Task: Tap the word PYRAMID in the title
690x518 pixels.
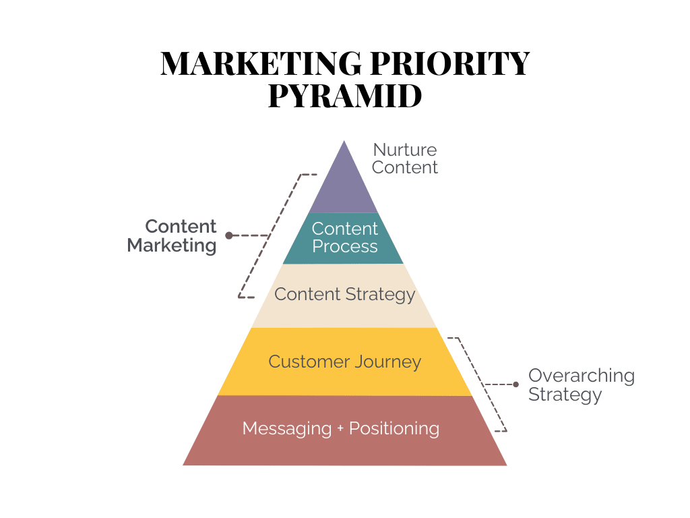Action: point(344,96)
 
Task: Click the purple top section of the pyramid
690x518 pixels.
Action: point(345,185)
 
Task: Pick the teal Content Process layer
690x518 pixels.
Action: point(344,238)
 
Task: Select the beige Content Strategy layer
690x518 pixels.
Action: point(344,295)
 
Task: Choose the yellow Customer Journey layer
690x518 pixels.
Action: point(344,362)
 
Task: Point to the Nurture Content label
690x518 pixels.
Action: point(404,159)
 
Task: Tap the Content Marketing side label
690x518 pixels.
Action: point(172,236)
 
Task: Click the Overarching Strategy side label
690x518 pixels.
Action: point(581,385)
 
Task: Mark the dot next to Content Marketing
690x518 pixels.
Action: point(228,236)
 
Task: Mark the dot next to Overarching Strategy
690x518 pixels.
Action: point(516,385)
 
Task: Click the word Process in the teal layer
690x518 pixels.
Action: point(344,247)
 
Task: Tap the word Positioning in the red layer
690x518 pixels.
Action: point(394,429)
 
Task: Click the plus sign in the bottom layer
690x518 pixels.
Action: point(341,429)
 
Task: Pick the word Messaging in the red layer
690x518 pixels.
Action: point(287,429)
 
